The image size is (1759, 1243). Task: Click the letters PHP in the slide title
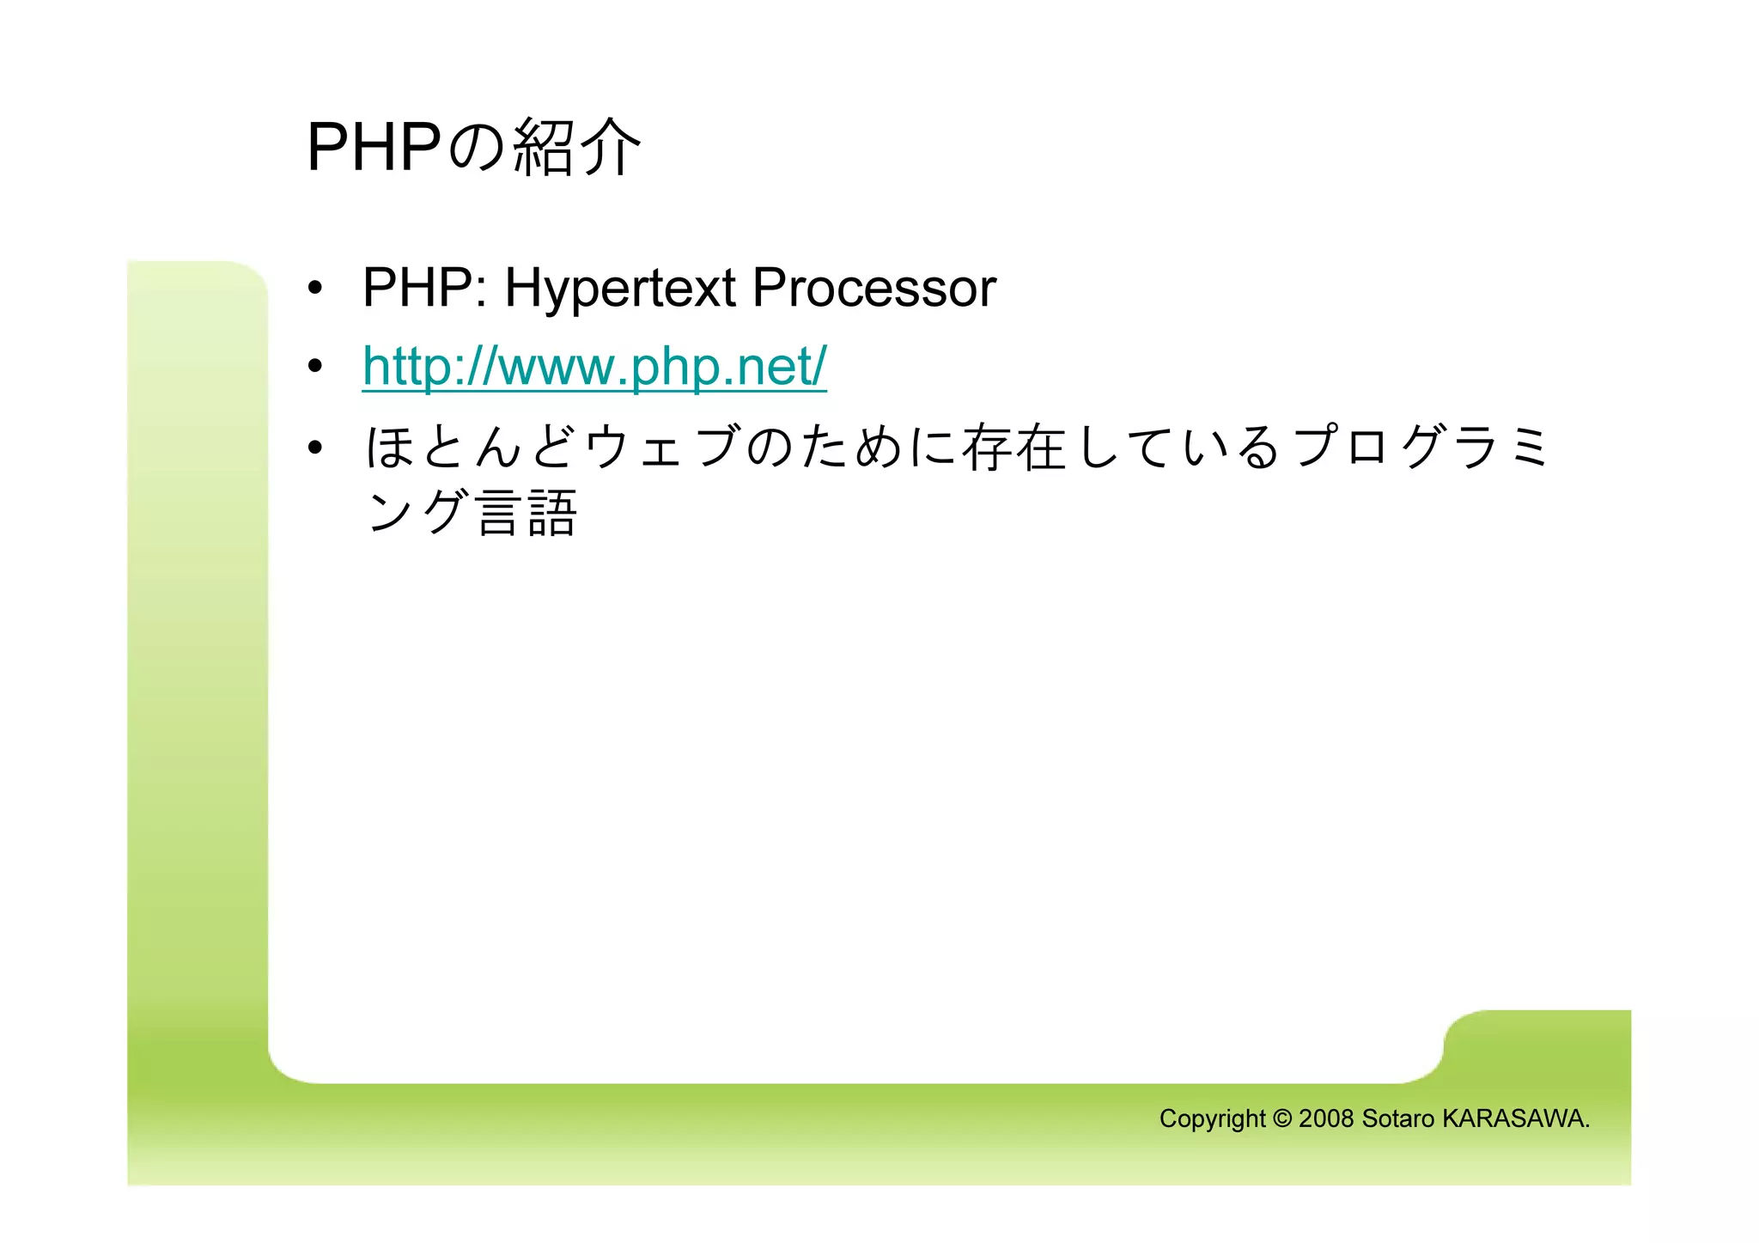click(x=374, y=148)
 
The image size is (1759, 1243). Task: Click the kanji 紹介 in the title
click(x=577, y=148)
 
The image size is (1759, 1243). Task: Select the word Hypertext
click(x=619, y=288)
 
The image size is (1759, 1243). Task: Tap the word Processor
click(x=873, y=288)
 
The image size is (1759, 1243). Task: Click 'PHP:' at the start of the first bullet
click(x=425, y=288)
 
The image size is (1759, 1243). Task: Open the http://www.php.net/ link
click(x=593, y=367)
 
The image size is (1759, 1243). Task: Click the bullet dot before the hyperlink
click(x=316, y=368)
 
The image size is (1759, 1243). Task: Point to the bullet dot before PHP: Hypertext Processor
click(x=316, y=289)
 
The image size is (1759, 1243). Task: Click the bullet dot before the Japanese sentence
click(x=316, y=448)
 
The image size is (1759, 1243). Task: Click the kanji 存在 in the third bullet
click(x=1014, y=448)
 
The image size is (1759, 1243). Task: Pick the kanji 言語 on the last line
click(x=526, y=513)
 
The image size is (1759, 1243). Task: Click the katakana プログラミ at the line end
click(x=1421, y=448)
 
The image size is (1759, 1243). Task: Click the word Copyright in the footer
click(x=1212, y=1118)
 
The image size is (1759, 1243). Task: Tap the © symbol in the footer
click(x=1281, y=1118)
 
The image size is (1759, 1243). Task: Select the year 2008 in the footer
click(x=1326, y=1118)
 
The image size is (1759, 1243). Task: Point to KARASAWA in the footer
click(x=1513, y=1118)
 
